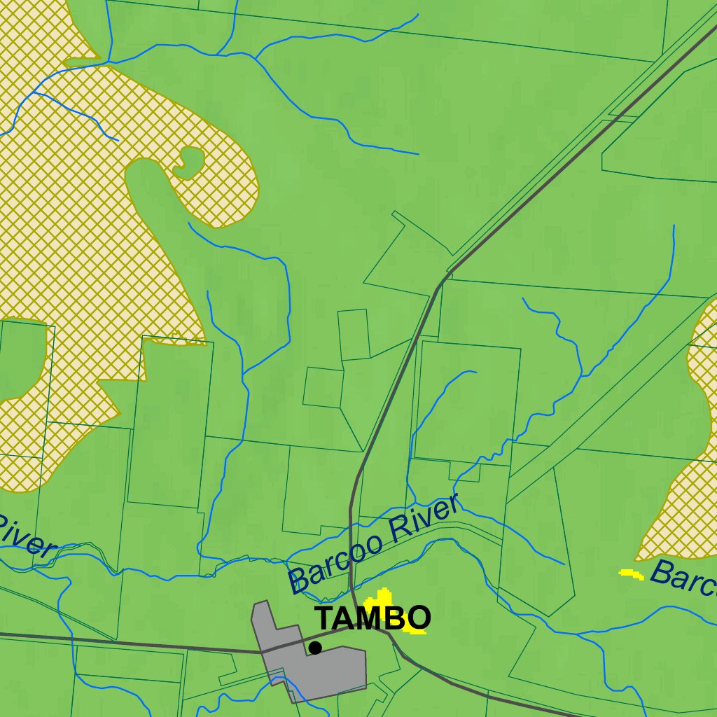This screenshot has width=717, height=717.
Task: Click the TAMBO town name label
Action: pos(372,618)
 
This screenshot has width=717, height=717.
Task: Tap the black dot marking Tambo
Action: pos(315,648)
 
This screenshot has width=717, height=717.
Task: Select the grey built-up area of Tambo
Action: pos(329,672)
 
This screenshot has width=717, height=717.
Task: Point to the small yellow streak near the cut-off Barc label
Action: pos(632,574)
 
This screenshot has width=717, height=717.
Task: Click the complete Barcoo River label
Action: pos(374,543)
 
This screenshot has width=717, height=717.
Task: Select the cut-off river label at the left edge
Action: pos(25,536)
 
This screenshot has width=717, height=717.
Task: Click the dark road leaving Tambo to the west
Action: pos(140,644)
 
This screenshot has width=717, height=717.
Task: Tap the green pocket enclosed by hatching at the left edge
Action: pos(21,357)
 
